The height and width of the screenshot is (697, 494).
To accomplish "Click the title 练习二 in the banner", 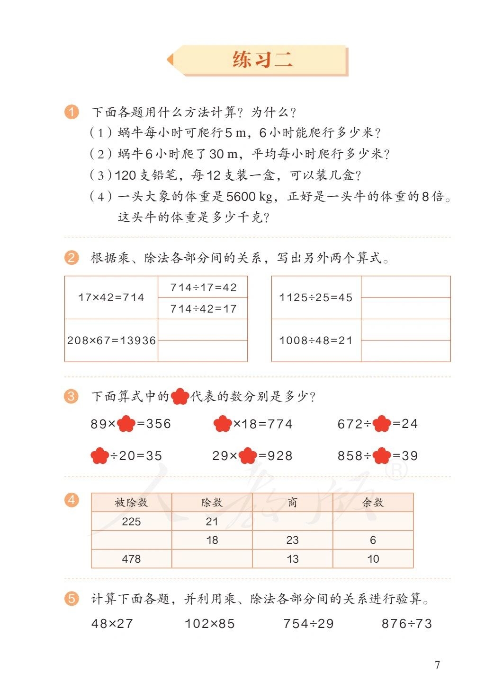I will pos(262,60).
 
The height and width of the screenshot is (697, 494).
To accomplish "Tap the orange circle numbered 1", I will pos(72,112).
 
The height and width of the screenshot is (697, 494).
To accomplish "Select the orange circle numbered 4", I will pos(72,500).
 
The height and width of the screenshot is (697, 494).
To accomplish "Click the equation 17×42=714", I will pos(111,297).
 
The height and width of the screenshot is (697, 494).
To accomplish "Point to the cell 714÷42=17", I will pos(203,309).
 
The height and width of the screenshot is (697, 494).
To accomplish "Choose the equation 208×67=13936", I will pos(111,340).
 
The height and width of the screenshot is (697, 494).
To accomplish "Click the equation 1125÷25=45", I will pos(316,297).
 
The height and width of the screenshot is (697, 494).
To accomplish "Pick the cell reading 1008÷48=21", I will pos(316,340).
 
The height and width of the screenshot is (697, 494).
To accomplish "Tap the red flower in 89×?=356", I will pos(126,424).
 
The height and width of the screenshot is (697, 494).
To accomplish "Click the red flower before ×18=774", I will pos(223,424).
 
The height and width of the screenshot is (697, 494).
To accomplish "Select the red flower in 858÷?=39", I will pos(382,456).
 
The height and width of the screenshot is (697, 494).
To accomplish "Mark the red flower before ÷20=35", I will pos(99,456).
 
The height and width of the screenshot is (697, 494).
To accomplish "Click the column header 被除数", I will pos(131,503).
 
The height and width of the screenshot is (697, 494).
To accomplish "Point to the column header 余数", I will pos(373,503).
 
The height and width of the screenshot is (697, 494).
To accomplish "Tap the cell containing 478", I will pos(131,559).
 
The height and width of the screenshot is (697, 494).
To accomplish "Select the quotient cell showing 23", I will pos(292,540).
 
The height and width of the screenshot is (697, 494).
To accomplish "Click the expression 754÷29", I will pos(308,624).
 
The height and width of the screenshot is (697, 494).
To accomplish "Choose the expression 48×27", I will pos(112,624).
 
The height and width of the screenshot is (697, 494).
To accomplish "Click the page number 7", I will pos(437,665).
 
